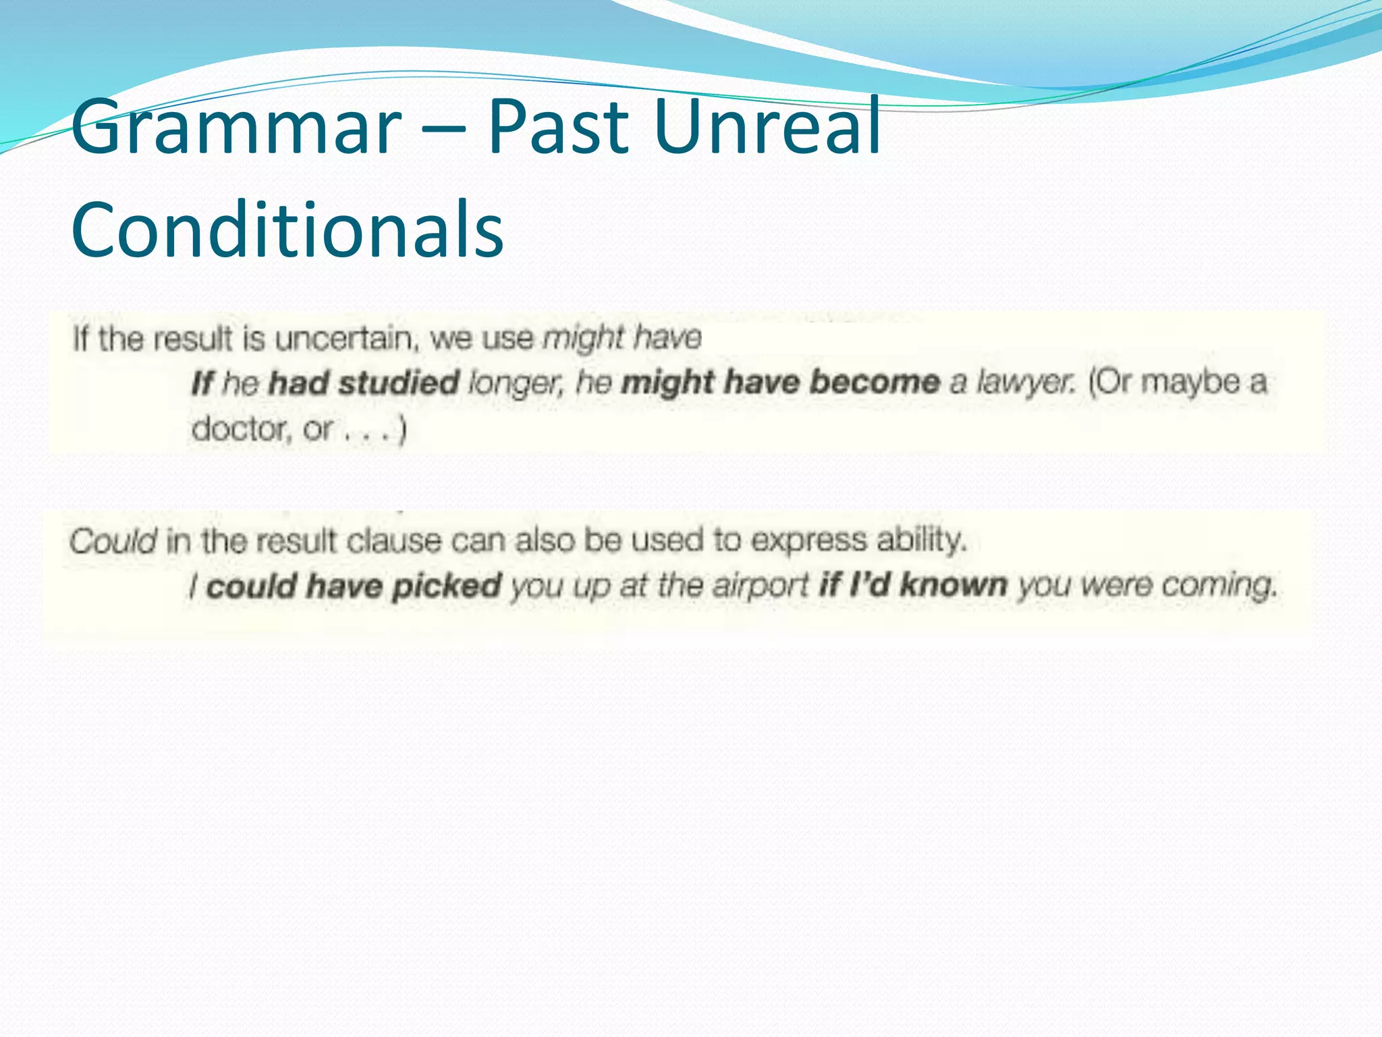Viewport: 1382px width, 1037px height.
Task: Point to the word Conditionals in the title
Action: (x=287, y=230)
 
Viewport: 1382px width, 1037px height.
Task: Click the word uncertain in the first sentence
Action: (x=344, y=338)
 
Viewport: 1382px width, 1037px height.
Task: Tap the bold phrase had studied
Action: (x=364, y=383)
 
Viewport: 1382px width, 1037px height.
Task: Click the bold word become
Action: (x=875, y=382)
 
